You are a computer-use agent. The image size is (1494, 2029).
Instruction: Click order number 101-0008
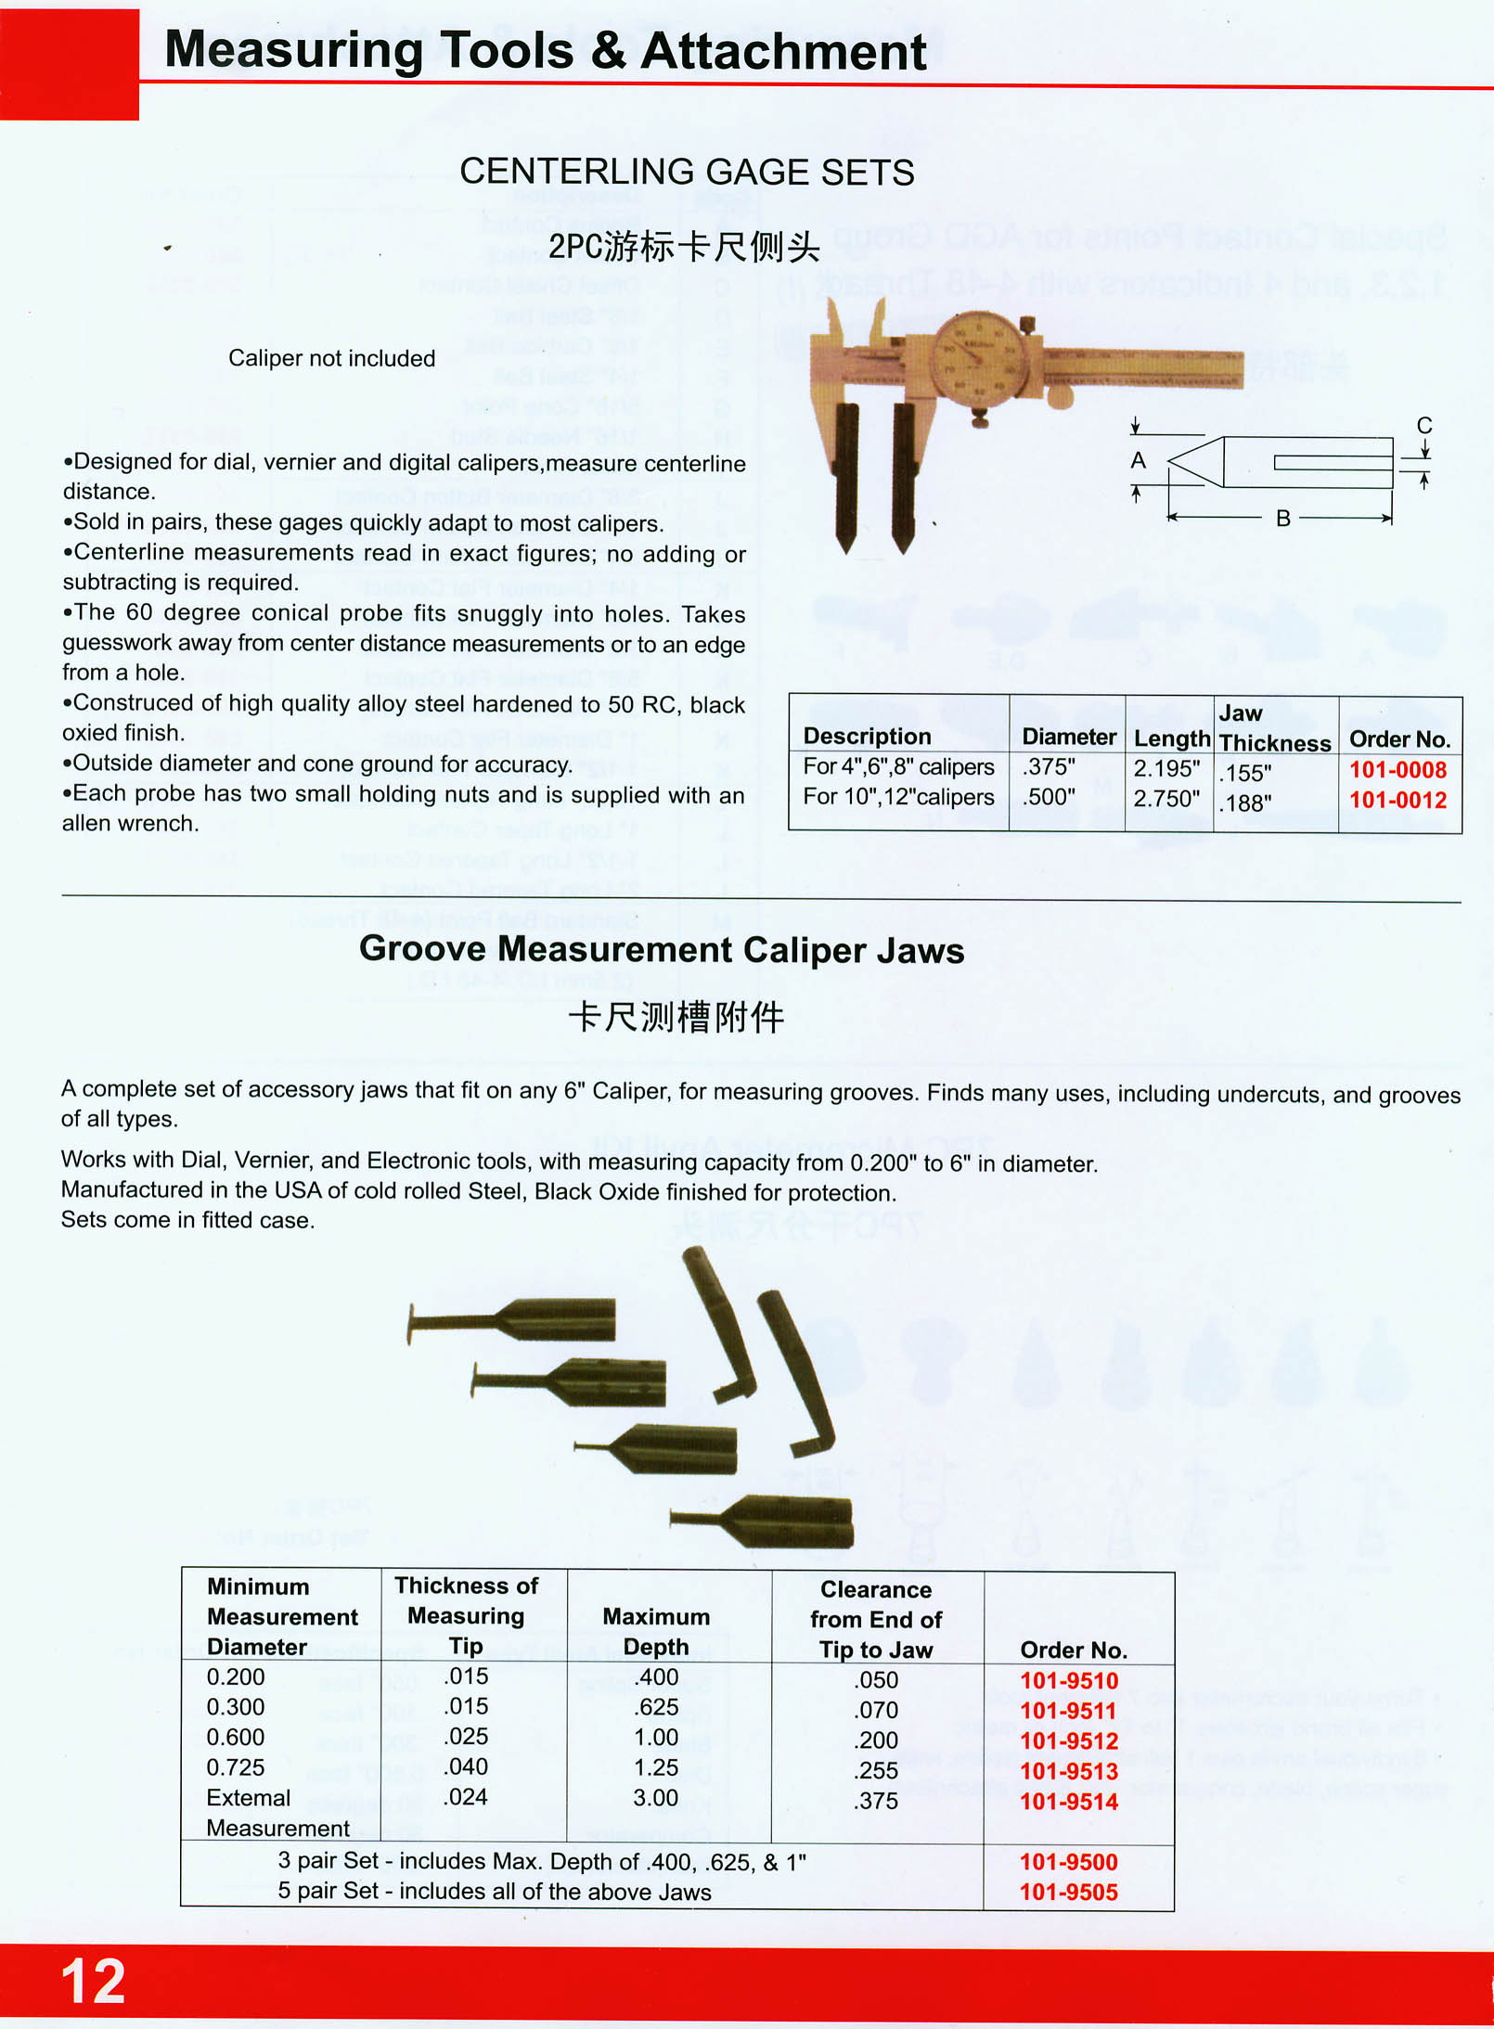(x=1397, y=770)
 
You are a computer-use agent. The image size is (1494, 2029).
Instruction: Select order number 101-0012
(x=1397, y=800)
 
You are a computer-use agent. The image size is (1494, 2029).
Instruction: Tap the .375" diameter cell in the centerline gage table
(x=1049, y=767)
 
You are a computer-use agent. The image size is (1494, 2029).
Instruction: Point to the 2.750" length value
(x=1166, y=799)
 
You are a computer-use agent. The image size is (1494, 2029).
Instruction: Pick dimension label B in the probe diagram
(x=1283, y=519)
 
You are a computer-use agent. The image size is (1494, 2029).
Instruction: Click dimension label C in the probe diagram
(x=1424, y=426)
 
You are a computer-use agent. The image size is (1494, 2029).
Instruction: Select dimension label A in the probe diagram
(x=1139, y=460)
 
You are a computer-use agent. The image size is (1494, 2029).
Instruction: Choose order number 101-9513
(x=1069, y=1771)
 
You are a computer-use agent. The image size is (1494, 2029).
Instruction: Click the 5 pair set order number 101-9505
(x=1069, y=1892)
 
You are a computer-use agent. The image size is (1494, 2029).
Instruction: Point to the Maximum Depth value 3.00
(x=655, y=1797)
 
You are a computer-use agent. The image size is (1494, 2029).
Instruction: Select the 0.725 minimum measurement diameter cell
(x=236, y=1767)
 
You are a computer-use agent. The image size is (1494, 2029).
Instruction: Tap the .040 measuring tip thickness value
(x=466, y=1766)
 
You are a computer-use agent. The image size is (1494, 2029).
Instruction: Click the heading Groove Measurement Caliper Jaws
(x=662, y=950)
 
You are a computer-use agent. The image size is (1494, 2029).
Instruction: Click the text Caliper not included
(x=331, y=358)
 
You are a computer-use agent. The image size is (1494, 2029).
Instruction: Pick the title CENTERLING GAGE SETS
(x=687, y=173)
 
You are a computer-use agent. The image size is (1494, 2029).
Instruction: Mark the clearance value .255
(x=876, y=1770)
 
